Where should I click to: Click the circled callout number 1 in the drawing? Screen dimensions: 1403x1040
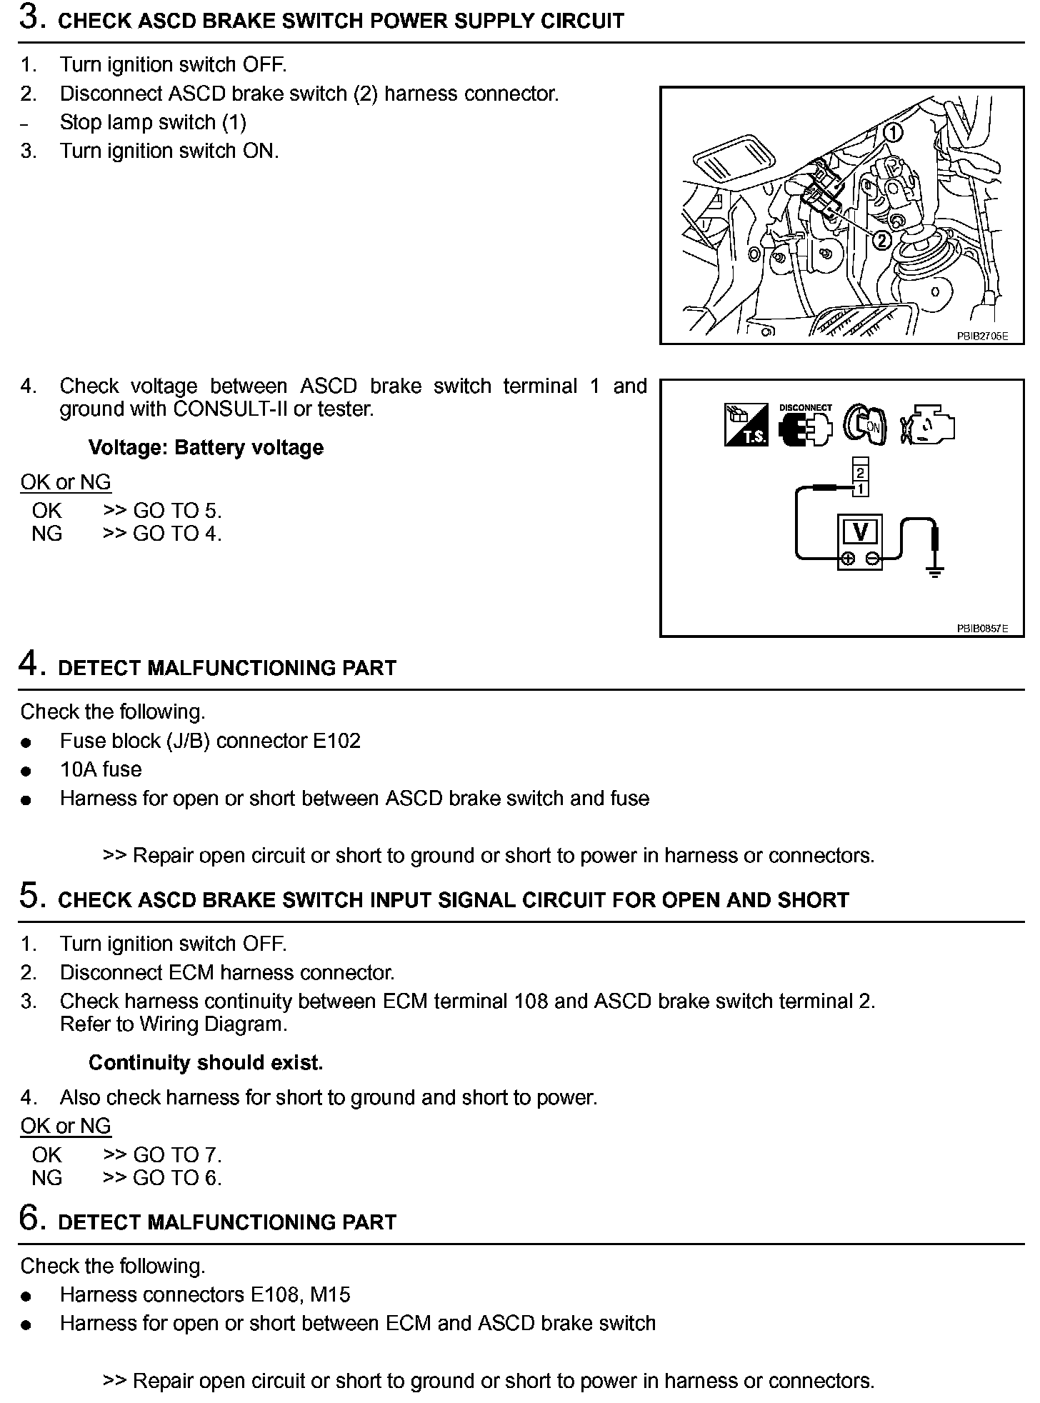tap(892, 131)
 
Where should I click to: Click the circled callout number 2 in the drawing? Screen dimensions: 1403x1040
tap(883, 240)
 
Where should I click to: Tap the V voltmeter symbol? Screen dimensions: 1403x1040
tap(860, 532)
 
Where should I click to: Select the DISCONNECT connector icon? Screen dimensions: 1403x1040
tap(805, 426)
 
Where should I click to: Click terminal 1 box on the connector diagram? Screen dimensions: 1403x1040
tap(861, 489)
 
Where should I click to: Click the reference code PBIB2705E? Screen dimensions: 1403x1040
tap(982, 336)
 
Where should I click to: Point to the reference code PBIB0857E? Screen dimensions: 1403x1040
tap(982, 629)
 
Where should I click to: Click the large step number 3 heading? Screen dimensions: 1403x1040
tap(31, 18)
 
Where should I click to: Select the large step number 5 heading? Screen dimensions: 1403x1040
tap(31, 897)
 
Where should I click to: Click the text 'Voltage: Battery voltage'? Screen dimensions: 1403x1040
tap(206, 448)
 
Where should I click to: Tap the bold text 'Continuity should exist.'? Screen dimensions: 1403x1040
tap(206, 1063)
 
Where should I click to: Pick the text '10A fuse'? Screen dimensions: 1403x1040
tap(101, 769)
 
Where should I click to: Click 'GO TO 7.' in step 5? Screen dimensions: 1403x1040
tap(177, 1155)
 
